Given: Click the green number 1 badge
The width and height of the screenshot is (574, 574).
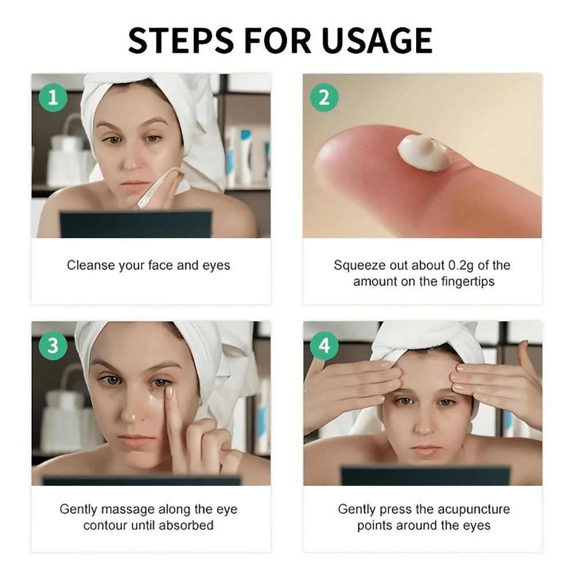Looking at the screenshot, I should click(x=53, y=98).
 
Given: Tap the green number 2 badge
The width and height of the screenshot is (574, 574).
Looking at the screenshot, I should click(x=324, y=98).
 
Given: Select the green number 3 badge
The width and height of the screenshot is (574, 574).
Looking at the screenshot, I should click(x=53, y=346).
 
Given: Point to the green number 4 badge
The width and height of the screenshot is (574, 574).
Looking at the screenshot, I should click(x=324, y=346).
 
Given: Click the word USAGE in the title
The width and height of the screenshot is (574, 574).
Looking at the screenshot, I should click(x=377, y=41).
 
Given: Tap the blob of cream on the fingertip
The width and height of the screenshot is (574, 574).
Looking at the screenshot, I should click(x=424, y=152).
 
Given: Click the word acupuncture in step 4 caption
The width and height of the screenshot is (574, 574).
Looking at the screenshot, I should click(x=474, y=509).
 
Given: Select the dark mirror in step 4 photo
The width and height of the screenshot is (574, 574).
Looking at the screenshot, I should click(x=425, y=476).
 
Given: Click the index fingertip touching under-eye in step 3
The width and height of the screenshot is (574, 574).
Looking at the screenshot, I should click(x=169, y=391).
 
